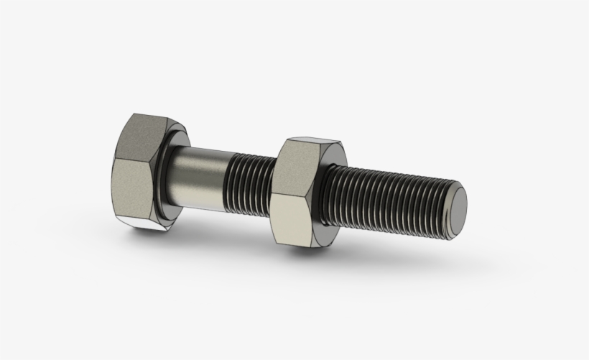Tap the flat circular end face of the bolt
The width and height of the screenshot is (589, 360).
point(456,211)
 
